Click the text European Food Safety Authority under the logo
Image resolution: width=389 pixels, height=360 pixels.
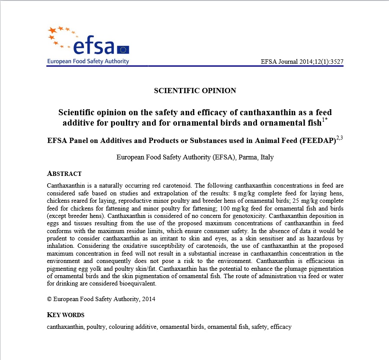point(88,61)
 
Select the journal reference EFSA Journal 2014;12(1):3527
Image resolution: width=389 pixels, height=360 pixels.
point(302,62)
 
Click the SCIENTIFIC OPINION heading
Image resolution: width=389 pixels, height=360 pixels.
point(195,91)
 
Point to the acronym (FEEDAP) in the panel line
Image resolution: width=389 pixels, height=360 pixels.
point(316,141)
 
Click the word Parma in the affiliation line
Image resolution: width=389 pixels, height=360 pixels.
point(248,157)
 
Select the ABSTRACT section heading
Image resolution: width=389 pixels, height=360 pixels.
point(64,174)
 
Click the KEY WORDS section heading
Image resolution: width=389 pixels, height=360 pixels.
point(65,315)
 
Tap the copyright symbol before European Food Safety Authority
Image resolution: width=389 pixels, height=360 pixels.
point(49,299)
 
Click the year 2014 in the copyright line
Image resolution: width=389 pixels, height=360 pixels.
point(148,299)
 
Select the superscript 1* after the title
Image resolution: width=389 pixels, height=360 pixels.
point(324,120)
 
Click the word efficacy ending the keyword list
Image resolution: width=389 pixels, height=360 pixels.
point(281,327)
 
